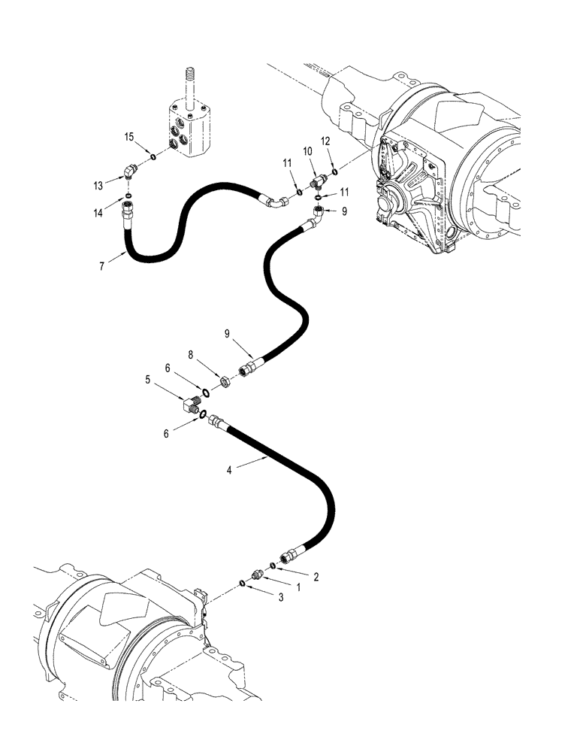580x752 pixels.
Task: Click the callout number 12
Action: (x=325, y=141)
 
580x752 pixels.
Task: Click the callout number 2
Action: (x=316, y=578)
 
